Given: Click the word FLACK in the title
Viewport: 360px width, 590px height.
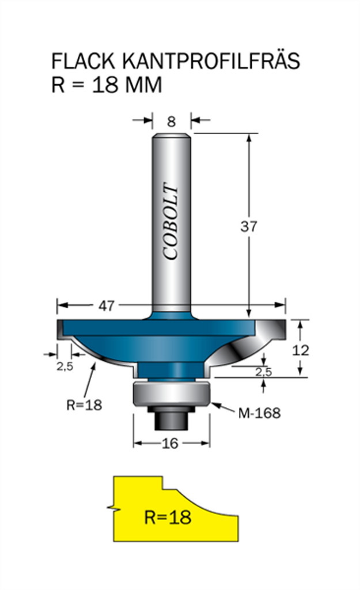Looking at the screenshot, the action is (x=83, y=61).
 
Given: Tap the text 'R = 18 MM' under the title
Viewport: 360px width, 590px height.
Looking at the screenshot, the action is (x=107, y=85).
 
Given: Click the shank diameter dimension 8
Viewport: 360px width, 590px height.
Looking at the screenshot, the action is (x=171, y=122).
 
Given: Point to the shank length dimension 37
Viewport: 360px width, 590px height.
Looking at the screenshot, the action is (x=249, y=226).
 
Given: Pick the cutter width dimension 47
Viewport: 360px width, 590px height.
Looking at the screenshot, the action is (x=106, y=306).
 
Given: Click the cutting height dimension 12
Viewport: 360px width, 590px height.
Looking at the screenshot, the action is (x=301, y=350).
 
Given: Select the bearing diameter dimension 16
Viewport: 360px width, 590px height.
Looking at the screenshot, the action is (x=170, y=444).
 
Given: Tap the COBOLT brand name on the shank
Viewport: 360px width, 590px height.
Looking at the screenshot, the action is (x=171, y=221).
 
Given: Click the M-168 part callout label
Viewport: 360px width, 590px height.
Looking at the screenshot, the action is (x=260, y=413).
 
